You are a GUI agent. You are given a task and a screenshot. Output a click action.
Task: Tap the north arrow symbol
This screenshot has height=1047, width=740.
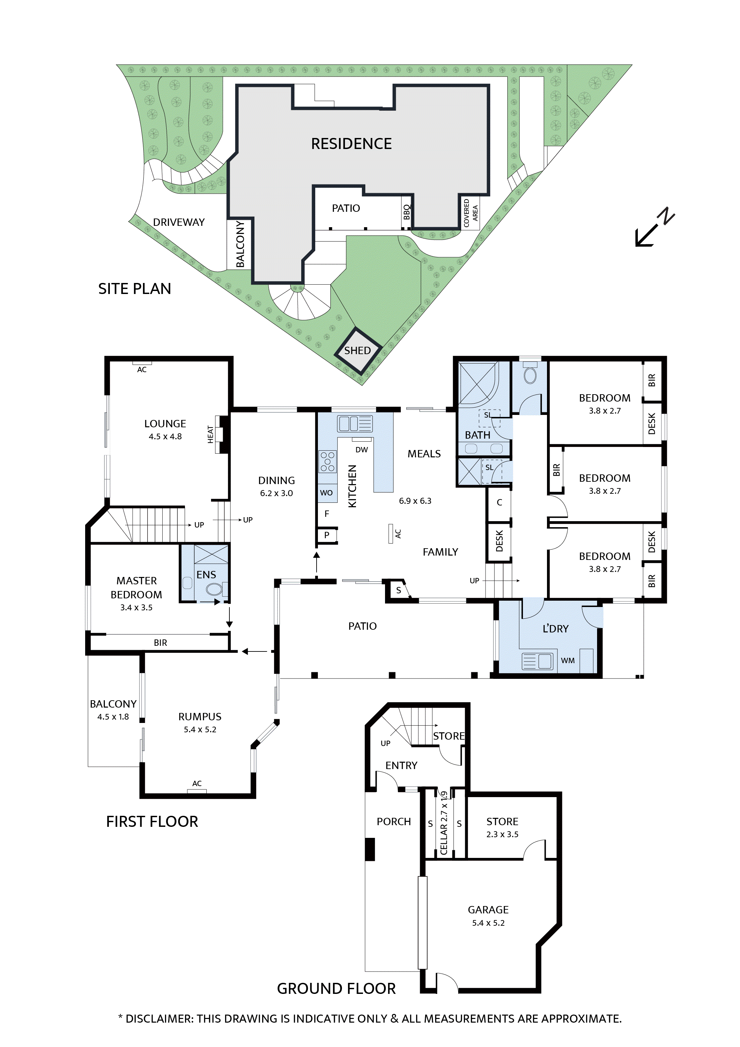(655, 228)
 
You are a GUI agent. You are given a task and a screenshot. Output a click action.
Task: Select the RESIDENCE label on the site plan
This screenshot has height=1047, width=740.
(351, 144)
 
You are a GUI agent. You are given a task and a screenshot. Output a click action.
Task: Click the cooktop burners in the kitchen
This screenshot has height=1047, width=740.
(327, 461)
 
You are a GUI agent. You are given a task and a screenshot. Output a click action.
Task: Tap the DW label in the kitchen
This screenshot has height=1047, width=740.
(362, 450)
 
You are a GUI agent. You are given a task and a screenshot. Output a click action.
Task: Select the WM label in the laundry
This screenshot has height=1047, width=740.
(568, 660)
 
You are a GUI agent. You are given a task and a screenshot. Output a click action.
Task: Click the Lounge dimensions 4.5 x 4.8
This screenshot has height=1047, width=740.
(165, 436)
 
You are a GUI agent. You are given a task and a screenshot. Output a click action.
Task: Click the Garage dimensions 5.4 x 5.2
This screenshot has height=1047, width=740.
(488, 922)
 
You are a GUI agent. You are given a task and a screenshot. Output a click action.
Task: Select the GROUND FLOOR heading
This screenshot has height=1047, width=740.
(336, 988)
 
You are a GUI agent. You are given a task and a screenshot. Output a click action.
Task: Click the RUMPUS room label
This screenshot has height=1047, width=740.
(200, 716)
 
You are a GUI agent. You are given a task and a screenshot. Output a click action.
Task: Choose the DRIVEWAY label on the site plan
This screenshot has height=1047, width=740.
(179, 222)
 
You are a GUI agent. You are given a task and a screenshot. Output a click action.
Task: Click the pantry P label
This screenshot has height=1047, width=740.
(327, 535)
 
